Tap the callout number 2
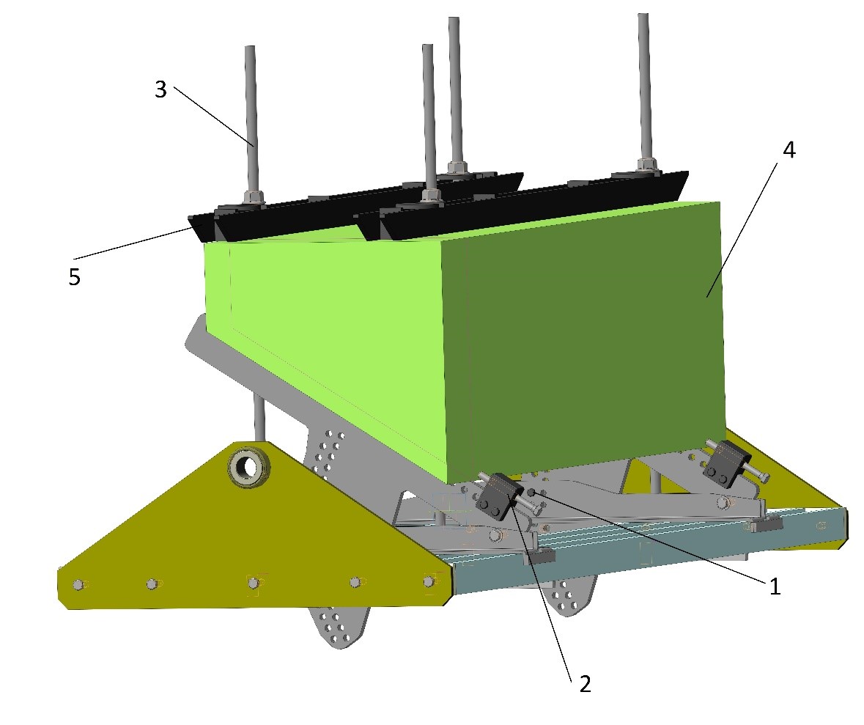pyautogui.click(x=583, y=684)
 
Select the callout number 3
pyautogui.click(x=160, y=89)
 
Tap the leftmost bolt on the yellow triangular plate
pyautogui.click(x=78, y=584)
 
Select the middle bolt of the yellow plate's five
pyautogui.click(x=253, y=583)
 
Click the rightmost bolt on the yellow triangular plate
pyautogui.click(x=429, y=581)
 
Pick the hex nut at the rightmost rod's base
pyautogui.click(x=646, y=164)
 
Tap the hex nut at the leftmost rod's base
pyautogui.click(x=254, y=197)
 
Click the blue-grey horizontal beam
pyautogui.click(x=645, y=546)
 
